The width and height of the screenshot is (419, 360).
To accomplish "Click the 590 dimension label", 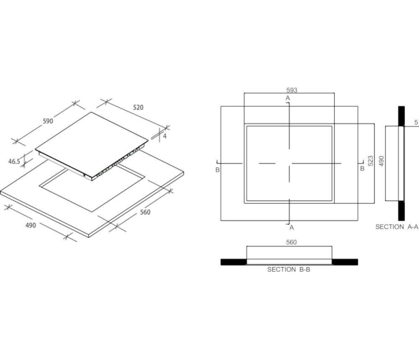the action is pyautogui.click(x=48, y=121).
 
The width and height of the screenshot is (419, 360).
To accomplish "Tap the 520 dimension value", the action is pyautogui.click(x=138, y=107).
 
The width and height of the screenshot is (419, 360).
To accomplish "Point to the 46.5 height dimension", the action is pyautogui.click(x=14, y=162).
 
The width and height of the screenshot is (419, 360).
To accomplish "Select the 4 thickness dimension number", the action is pyautogui.click(x=164, y=136).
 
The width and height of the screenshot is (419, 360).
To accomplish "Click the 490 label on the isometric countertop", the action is pyautogui.click(x=31, y=226).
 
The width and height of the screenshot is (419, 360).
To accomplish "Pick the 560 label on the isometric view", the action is pyautogui.click(x=145, y=212).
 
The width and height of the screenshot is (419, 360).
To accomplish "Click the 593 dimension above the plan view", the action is pyautogui.click(x=292, y=90).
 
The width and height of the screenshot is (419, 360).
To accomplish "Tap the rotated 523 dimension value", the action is pyautogui.click(x=370, y=161).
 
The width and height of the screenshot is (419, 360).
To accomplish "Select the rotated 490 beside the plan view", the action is pyautogui.click(x=382, y=161).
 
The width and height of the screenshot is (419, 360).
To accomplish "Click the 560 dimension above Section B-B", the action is pyautogui.click(x=291, y=242).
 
